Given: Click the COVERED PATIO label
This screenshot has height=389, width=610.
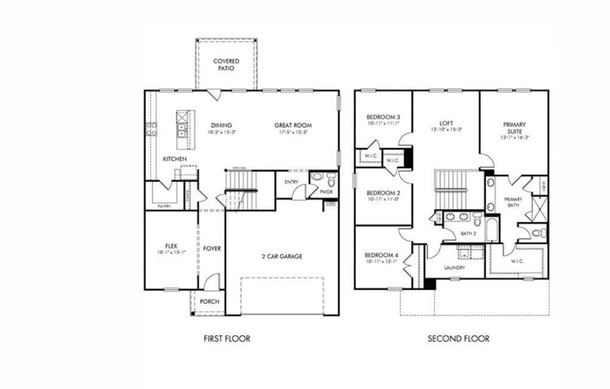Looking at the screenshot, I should (226, 65).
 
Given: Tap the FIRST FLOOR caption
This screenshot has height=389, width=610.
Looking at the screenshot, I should (226, 339).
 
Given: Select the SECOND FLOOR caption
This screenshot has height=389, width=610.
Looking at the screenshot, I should (458, 339).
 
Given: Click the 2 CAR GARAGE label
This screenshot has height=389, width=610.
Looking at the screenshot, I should (282, 256).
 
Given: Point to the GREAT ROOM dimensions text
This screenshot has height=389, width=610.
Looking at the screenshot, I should (293, 132).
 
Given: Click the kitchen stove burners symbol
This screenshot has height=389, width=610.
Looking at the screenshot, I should (151, 129).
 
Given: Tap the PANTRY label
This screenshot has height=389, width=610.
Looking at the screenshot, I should (164, 206).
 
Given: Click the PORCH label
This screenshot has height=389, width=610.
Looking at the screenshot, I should (209, 302).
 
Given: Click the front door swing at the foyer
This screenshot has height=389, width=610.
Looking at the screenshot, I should (213, 281).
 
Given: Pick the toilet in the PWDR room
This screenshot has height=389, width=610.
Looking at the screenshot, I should (331, 181).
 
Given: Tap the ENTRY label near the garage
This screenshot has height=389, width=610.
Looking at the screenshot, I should (291, 182).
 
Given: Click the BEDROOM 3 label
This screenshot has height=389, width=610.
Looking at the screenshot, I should (383, 117).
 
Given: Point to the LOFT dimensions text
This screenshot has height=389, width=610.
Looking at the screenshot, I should (447, 129).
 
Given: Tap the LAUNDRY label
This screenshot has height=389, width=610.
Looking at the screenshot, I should (454, 268).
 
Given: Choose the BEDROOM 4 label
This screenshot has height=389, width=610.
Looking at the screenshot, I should (381, 255).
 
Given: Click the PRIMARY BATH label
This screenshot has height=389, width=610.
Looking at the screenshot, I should (513, 202).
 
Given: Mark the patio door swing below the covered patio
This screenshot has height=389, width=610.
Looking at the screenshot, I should (213, 94).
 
